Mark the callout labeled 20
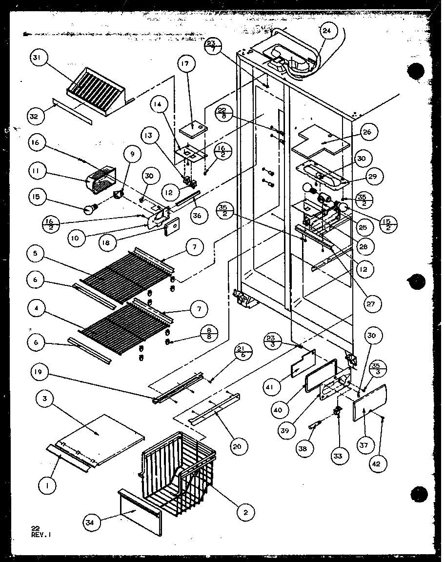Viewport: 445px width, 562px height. coord(238,445)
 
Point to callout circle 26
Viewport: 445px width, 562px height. coord(367,132)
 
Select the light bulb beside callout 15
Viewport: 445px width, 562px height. coord(88,210)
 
